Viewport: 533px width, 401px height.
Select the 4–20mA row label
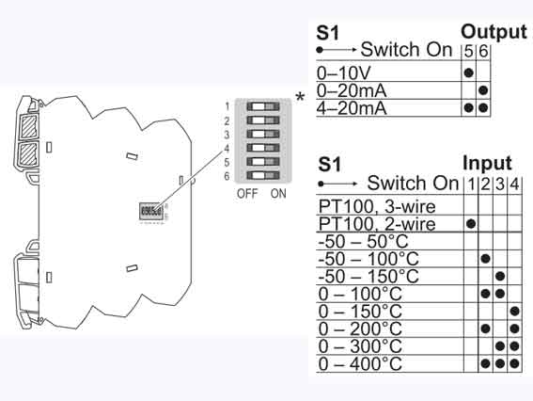[x=353, y=108]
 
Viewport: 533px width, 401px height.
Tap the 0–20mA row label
[x=353, y=90]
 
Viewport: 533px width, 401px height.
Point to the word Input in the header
[x=486, y=163]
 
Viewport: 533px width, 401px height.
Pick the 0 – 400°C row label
[x=360, y=362]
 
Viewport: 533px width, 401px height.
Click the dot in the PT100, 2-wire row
[x=471, y=223]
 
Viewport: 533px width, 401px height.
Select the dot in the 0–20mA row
[x=483, y=90]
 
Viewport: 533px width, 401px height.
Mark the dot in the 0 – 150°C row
[x=514, y=311]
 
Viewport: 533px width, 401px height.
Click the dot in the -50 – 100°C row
[x=485, y=258]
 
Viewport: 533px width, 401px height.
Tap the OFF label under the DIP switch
[x=247, y=194]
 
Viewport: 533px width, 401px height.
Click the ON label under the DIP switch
[x=278, y=194]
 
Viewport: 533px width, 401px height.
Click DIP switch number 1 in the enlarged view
[x=263, y=107]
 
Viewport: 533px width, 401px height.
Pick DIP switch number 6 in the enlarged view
[x=263, y=175]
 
